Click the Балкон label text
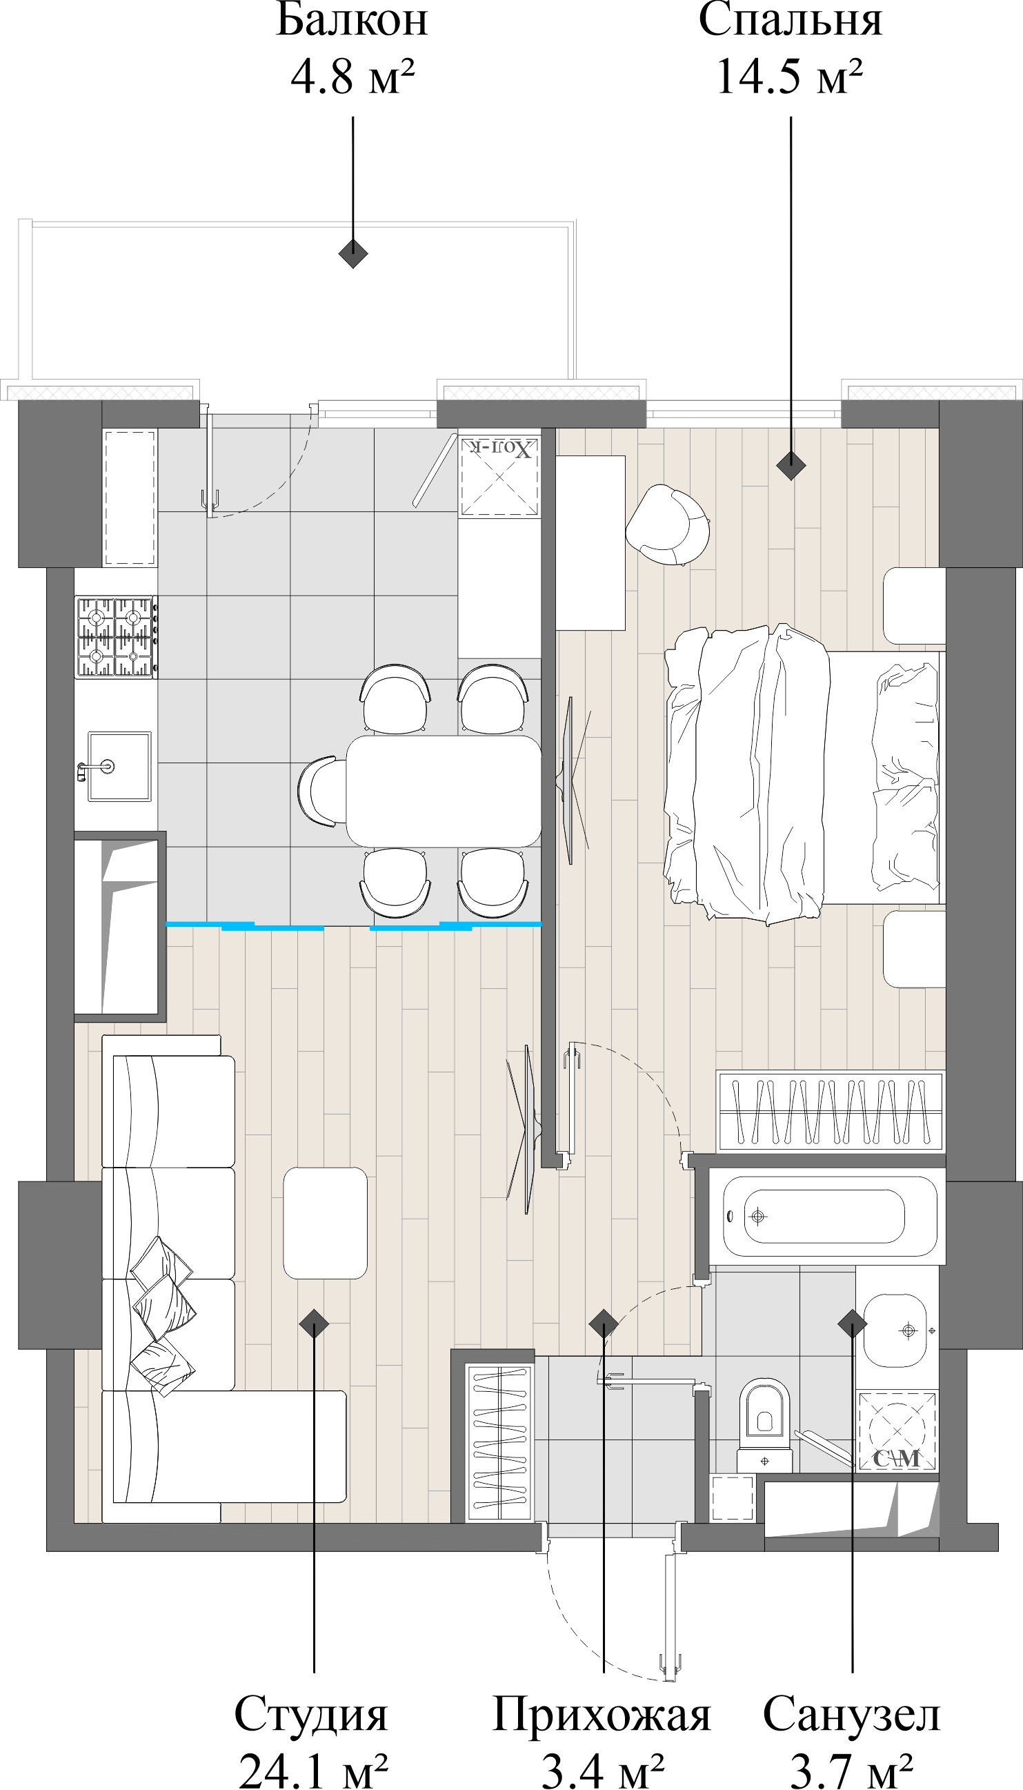pyautogui.click(x=351, y=21)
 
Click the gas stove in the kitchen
pyautogui.click(x=117, y=637)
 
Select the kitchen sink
pyautogui.click(x=119, y=766)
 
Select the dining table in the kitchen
pyautogui.click(x=444, y=791)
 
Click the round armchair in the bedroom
pyautogui.click(x=668, y=524)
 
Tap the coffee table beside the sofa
pyautogui.click(x=326, y=1223)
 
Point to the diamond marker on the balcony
pyautogui.click(x=352, y=254)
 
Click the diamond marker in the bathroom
pyautogui.click(x=851, y=1324)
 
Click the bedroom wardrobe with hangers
pyautogui.click(x=831, y=1111)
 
